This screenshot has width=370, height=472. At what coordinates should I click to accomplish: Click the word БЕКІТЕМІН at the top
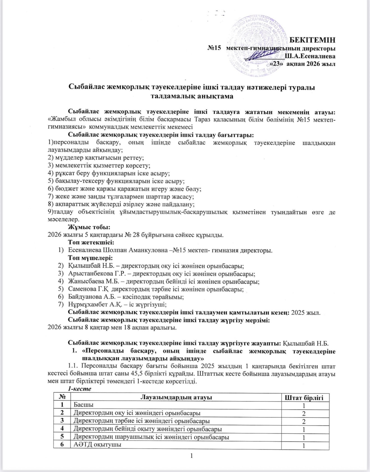(x=312, y=40)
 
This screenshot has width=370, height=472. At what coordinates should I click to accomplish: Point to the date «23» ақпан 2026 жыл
(x=302, y=64)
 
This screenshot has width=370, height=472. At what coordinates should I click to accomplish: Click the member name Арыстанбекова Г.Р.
(x=99, y=274)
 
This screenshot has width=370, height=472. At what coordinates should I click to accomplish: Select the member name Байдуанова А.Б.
(x=94, y=297)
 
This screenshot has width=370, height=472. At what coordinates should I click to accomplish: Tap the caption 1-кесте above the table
(x=80, y=389)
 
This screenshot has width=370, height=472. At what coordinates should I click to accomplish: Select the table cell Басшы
(x=83, y=405)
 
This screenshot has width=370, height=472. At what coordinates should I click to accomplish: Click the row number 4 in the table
(x=62, y=429)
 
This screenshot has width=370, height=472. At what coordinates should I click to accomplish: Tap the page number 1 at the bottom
(x=192, y=456)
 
